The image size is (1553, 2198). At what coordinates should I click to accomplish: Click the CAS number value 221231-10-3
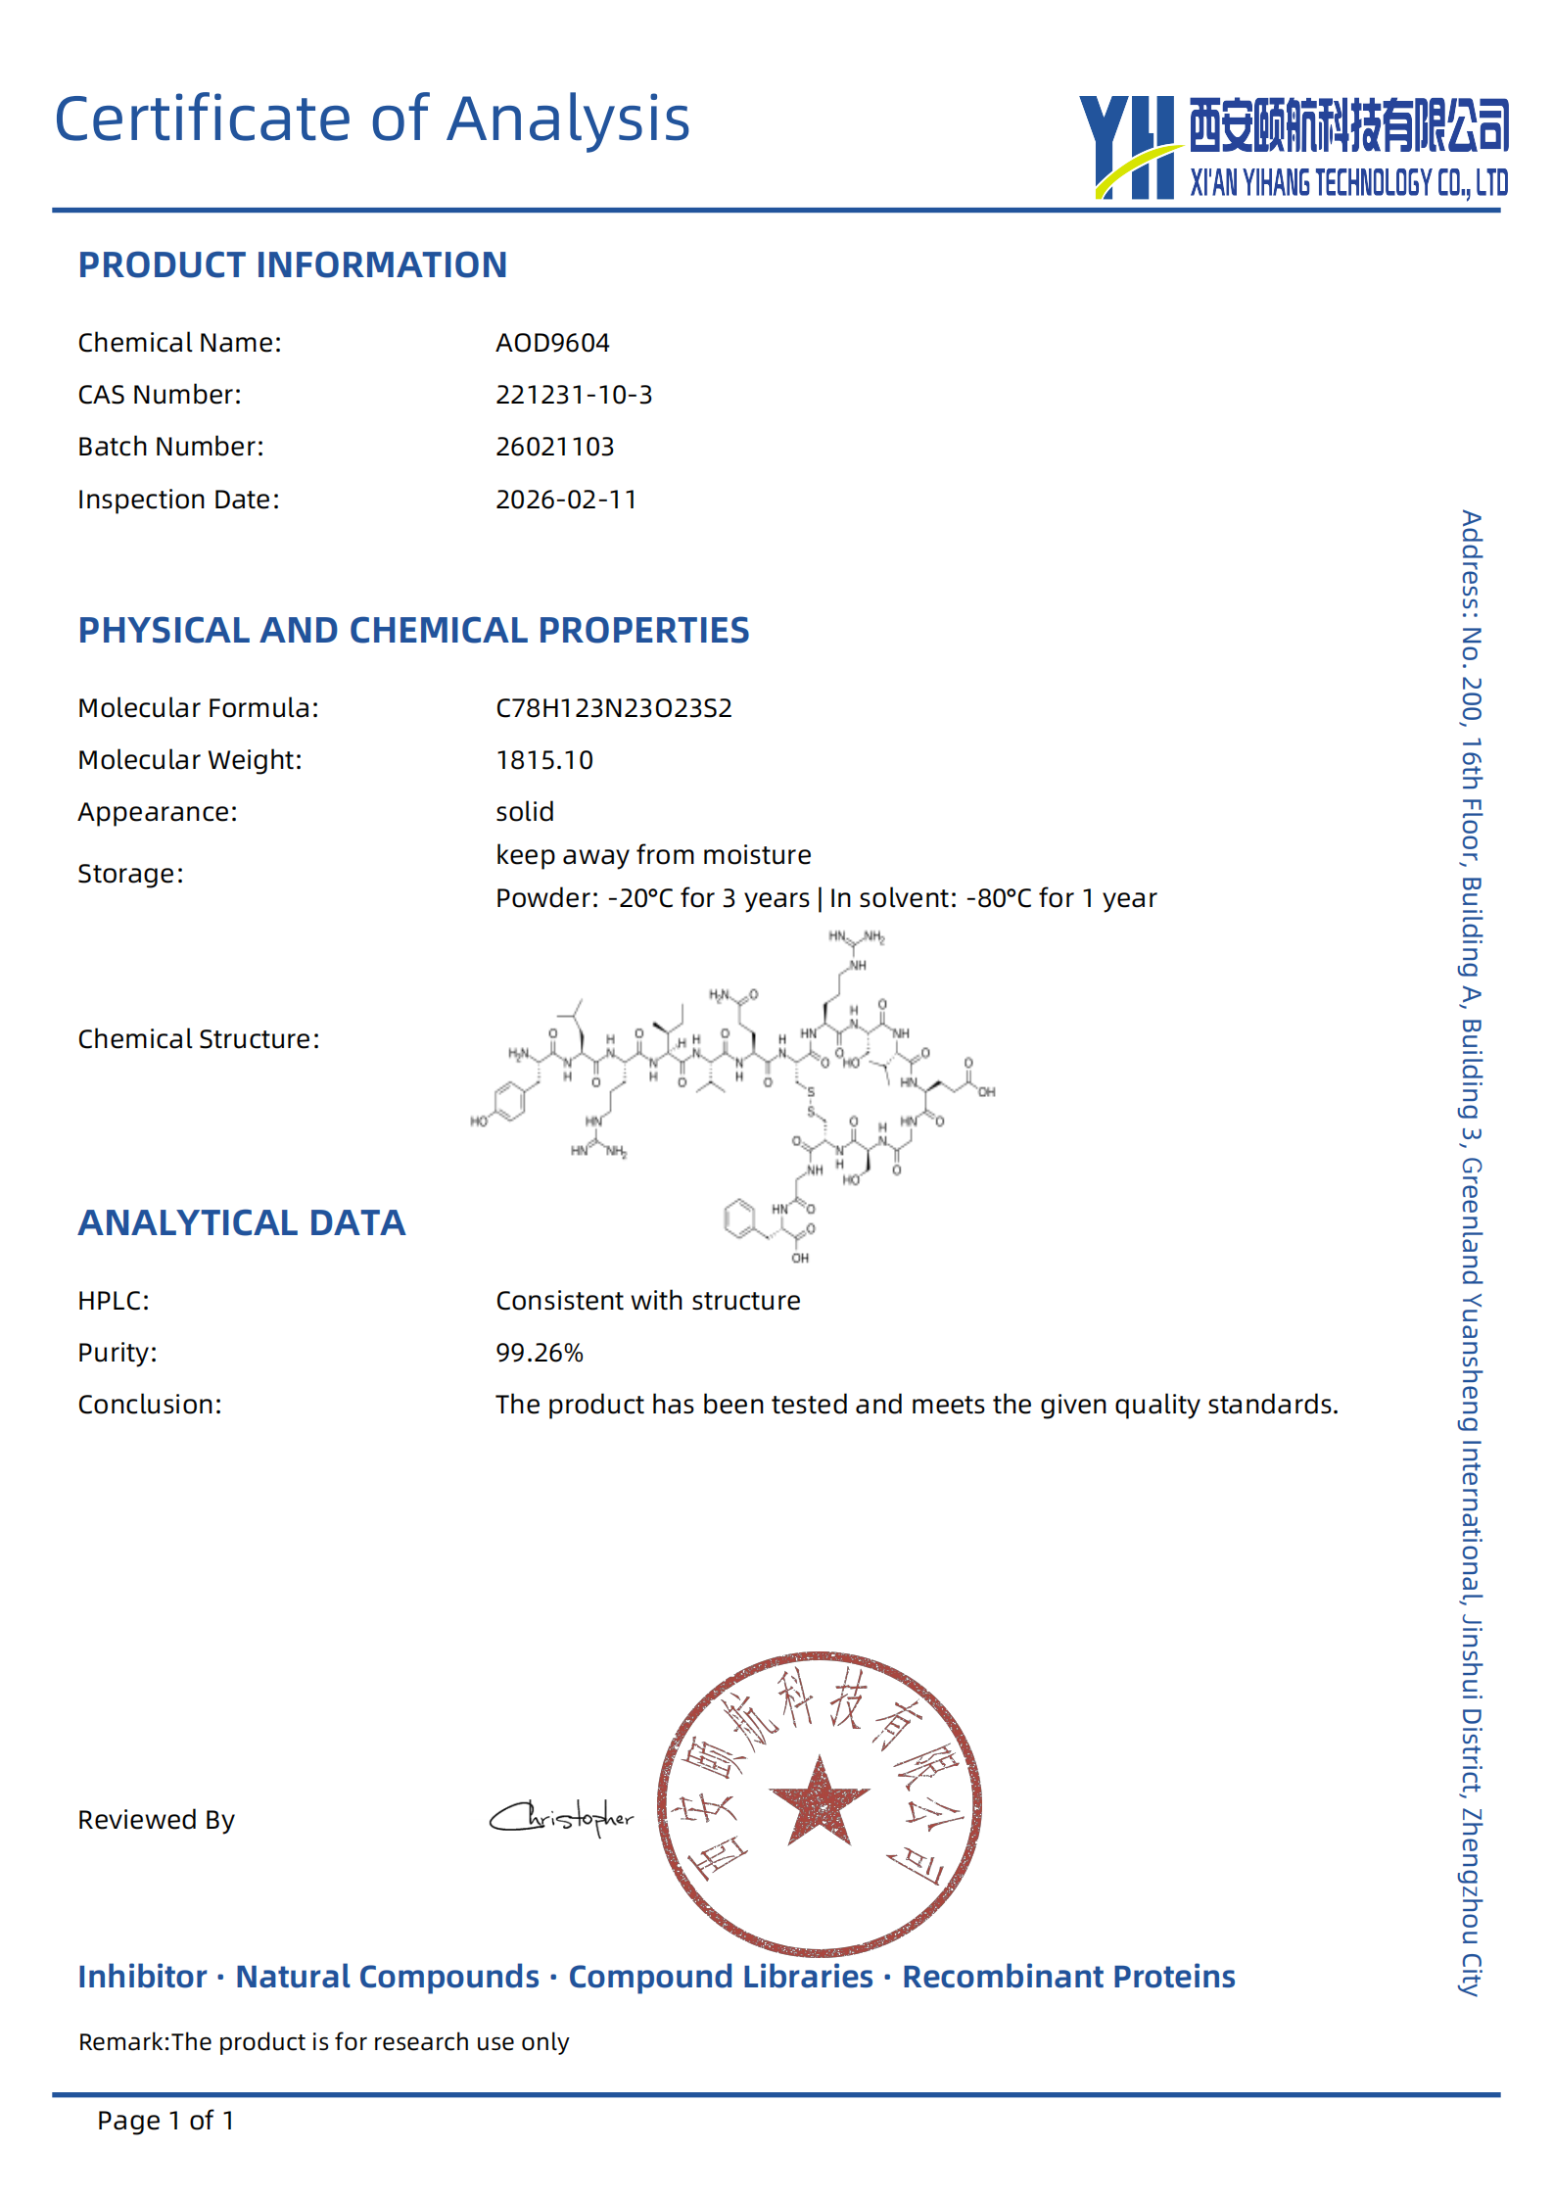click(574, 395)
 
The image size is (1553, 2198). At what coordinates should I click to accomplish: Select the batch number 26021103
click(554, 447)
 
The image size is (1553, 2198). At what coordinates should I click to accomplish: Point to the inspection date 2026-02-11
click(566, 500)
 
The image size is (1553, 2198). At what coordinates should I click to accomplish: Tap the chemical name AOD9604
click(552, 343)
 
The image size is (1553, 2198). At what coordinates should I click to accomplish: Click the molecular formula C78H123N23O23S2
click(613, 708)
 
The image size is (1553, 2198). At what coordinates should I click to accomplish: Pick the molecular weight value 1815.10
click(544, 760)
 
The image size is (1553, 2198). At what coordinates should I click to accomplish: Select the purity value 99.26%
click(539, 1353)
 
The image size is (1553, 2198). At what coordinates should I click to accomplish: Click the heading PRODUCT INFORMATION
click(292, 265)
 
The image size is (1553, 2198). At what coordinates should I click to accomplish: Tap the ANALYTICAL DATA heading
click(241, 1223)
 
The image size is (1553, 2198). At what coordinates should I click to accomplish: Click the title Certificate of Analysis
click(372, 119)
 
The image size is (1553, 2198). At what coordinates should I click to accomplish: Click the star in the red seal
click(819, 1800)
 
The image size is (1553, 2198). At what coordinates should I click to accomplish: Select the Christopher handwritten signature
click(562, 1818)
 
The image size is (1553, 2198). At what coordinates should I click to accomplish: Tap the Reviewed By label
click(156, 1820)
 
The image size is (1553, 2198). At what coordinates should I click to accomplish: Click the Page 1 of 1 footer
click(165, 2121)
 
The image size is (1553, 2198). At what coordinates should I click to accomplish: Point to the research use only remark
click(323, 2042)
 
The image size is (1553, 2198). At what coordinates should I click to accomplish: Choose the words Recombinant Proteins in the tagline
click(1068, 1977)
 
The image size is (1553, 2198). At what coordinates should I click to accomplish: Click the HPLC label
click(114, 1301)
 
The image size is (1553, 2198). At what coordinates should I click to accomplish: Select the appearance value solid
click(525, 812)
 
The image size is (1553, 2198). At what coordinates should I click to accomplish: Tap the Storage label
click(130, 874)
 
